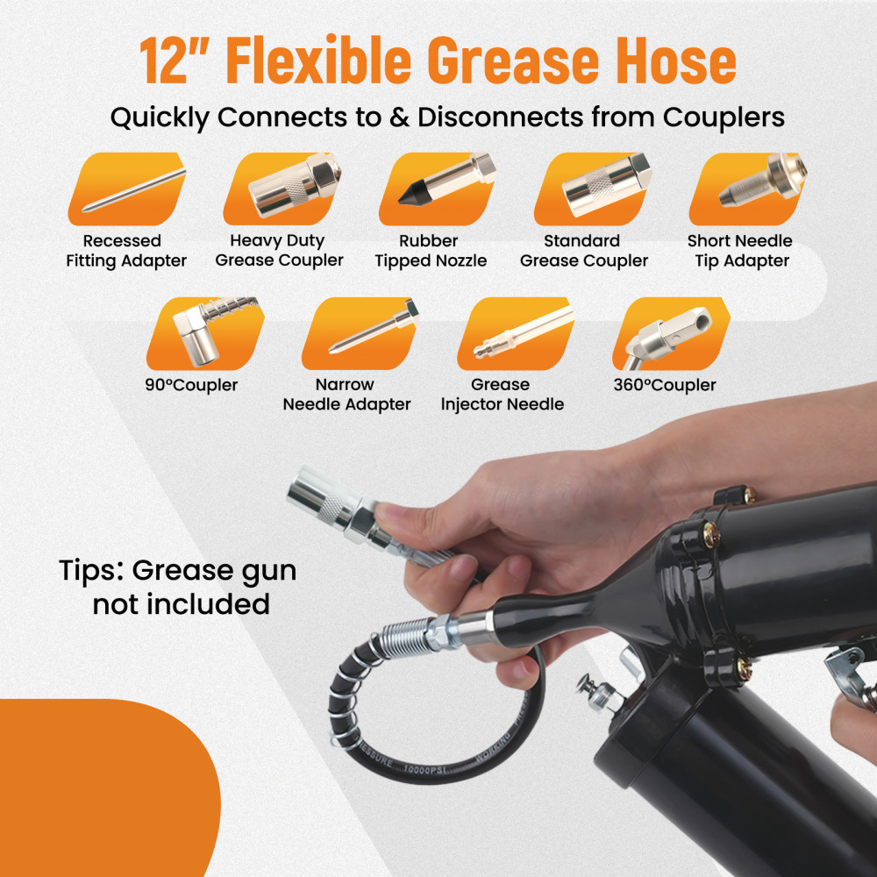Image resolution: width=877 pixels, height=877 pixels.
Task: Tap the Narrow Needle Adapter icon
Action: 360,334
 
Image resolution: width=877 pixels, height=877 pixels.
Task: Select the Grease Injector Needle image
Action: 515,334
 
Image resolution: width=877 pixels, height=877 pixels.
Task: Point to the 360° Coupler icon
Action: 670,334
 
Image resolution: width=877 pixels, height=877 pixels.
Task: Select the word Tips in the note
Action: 89,571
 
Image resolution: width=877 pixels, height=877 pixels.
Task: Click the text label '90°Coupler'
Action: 191,385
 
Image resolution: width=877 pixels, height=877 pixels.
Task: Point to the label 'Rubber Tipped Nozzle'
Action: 431,251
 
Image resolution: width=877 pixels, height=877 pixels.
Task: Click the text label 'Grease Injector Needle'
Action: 502,395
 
